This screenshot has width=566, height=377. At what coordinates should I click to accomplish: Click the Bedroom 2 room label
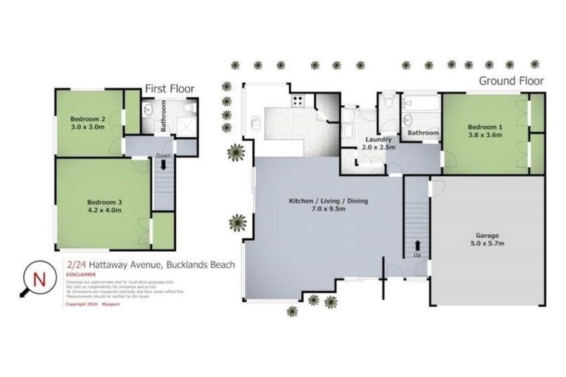[87, 118]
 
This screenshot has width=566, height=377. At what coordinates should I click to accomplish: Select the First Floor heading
[169, 89]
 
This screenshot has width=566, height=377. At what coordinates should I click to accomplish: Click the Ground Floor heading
[511, 80]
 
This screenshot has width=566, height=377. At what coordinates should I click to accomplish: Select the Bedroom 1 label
[484, 126]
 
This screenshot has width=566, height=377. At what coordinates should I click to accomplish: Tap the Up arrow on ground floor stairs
[417, 245]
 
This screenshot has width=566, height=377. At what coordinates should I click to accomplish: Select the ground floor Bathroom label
[423, 133]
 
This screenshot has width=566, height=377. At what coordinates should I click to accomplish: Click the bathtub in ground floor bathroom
[420, 102]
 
